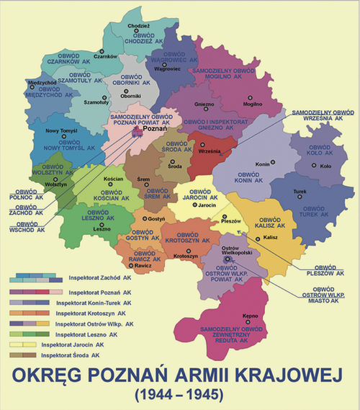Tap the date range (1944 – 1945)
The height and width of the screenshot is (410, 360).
(x=179, y=395)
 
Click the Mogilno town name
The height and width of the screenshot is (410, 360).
(x=252, y=104)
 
